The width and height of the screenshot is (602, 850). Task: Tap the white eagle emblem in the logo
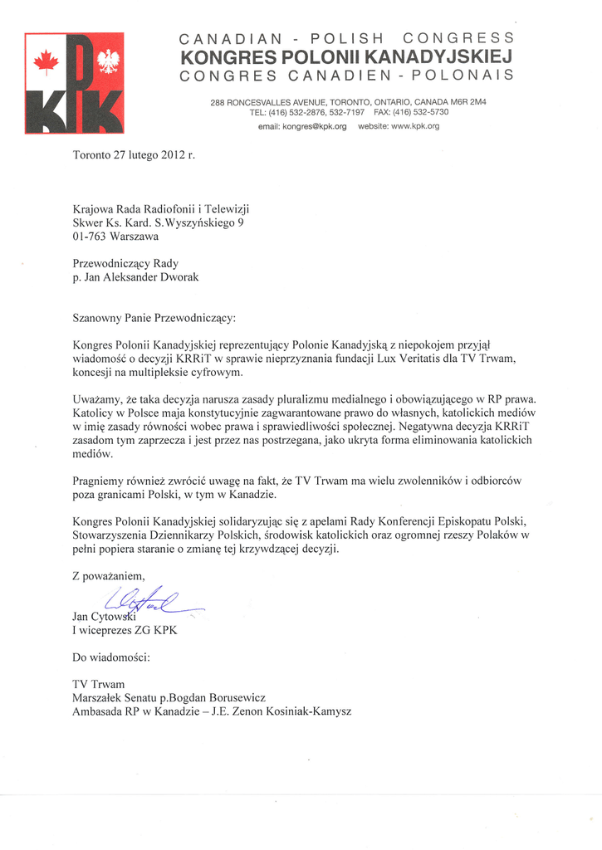coord(108,61)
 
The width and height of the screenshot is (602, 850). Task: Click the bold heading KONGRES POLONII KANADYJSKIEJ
coord(345,57)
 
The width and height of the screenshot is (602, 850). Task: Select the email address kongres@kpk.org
coord(302,126)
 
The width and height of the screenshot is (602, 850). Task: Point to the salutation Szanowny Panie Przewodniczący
coord(154,317)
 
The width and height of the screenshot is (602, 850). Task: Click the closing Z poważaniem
coord(109,576)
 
